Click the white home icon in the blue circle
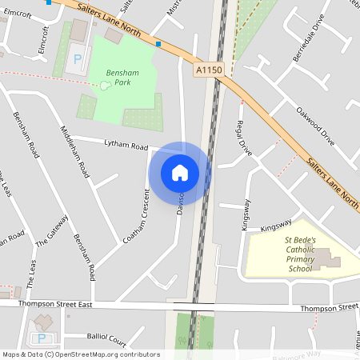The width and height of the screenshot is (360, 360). (x=180, y=172)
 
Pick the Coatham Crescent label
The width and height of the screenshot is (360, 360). (x=136, y=216)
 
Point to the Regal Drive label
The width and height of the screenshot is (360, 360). (x=245, y=138)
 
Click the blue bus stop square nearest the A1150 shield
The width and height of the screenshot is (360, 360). (x=159, y=44)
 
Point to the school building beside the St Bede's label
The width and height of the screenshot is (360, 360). (x=324, y=258)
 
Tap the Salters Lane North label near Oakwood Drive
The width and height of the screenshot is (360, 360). (x=332, y=180)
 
